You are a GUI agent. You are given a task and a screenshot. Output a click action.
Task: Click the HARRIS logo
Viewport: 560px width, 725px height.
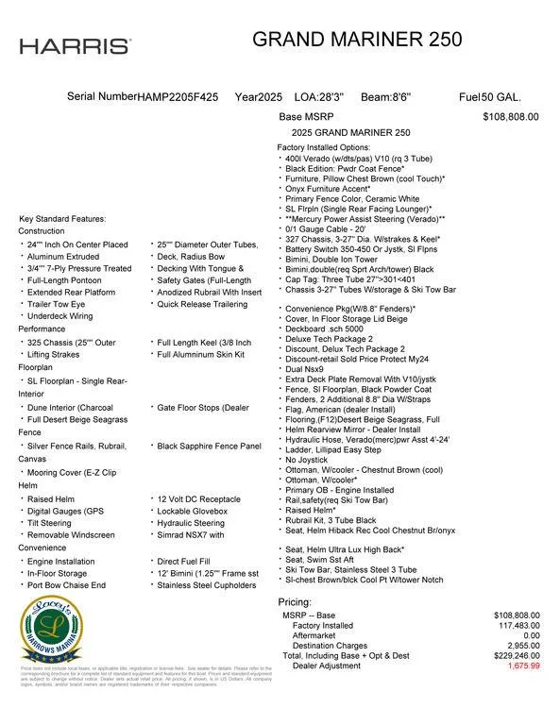pos(75,46)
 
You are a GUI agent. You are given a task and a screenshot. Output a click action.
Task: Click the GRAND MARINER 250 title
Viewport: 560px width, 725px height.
pos(357,40)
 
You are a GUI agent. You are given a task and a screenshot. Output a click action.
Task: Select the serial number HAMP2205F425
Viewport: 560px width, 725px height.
pos(178,97)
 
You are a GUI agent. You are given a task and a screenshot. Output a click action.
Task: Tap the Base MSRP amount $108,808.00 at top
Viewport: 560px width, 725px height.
pos(510,117)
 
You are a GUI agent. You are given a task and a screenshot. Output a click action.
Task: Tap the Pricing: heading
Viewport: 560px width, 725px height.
pos(294,601)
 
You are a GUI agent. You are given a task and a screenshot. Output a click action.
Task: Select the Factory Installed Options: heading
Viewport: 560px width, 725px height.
pos(323,148)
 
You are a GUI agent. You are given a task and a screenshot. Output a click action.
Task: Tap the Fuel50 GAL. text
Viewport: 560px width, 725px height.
pos(489,97)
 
